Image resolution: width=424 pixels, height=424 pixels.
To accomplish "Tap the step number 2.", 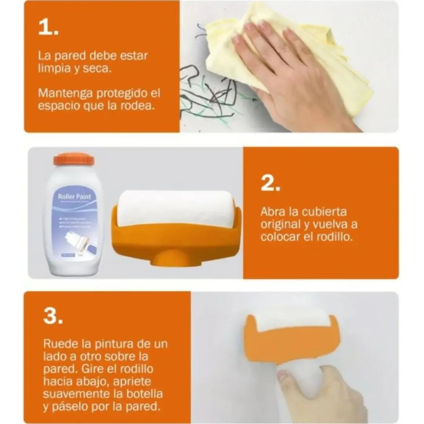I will pos(270,183).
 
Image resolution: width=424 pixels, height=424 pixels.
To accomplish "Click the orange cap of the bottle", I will pos(73,159).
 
